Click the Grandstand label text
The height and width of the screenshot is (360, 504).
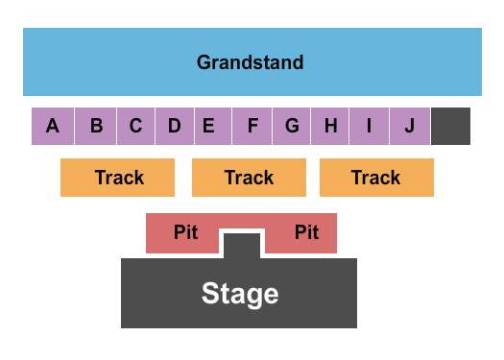251,63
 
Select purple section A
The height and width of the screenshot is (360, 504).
53,126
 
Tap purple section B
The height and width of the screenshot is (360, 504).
96,126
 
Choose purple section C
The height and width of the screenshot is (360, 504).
135,126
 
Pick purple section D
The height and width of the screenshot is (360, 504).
174,126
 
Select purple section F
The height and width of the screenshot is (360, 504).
252,126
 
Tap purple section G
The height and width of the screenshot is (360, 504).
292,126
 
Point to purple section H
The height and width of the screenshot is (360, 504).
330,126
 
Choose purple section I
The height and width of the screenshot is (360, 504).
369,126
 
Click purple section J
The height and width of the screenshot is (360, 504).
410,126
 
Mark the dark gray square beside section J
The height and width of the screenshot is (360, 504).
451,126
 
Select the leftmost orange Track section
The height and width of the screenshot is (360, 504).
118,178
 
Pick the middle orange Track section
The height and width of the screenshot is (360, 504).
249,178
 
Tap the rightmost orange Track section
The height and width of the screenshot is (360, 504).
376,178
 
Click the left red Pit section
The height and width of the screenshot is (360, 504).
183,233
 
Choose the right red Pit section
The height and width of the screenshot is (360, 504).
303,233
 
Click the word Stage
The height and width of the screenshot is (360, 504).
240,294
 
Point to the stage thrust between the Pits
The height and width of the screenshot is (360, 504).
242,245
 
